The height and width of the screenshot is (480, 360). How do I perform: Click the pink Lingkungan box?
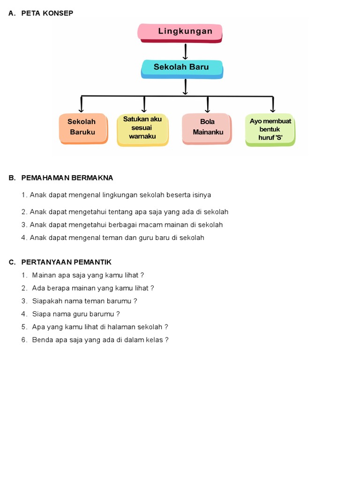point(180,32)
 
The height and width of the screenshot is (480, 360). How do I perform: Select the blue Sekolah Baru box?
point(182,68)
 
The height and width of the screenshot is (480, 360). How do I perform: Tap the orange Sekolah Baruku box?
point(83,127)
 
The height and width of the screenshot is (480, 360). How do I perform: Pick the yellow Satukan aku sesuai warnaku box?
point(142,128)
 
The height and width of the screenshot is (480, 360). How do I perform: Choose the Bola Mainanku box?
point(207,127)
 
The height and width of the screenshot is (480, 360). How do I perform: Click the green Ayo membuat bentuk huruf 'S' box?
point(270,129)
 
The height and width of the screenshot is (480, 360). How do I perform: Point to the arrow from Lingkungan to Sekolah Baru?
point(186,52)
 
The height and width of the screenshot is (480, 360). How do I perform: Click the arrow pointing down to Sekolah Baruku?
point(82,104)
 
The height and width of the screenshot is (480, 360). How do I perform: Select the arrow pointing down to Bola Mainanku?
point(207,104)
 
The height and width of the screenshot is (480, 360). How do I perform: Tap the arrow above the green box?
point(272,104)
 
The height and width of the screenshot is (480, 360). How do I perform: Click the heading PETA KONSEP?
point(47,13)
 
